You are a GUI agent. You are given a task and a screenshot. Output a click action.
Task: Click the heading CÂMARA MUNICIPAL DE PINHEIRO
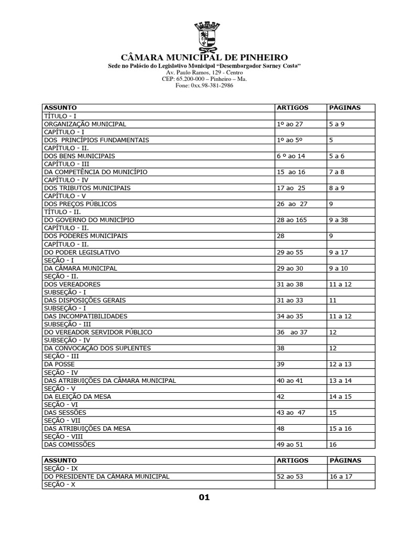click(x=204, y=57)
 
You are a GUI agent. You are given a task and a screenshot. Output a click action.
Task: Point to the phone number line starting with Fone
click(x=204, y=85)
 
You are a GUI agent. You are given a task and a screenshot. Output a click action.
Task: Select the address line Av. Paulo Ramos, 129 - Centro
click(x=204, y=72)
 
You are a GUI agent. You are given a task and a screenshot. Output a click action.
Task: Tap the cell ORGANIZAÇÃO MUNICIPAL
click(x=85, y=124)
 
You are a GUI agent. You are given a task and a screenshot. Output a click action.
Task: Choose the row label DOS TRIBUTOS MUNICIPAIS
click(x=88, y=188)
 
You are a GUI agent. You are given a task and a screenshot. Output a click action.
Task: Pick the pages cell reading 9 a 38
click(x=338, y=220)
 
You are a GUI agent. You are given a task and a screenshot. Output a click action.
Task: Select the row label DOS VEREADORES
click(x=72, y=284)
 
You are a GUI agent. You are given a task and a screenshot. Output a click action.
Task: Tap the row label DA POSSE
click(x=59, y=364)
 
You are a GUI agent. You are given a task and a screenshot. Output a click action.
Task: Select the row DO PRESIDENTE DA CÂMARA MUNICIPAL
click(x=107, y=477)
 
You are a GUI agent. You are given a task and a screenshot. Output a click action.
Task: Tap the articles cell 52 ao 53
click(x=290, y=477)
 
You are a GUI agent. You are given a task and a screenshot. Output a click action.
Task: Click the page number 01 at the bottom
click(x=204, y=498)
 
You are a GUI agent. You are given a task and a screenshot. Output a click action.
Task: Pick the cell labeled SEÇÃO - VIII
click(x=64, y=436)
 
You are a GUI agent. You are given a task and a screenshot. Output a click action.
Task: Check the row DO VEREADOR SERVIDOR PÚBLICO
click(x=98, y=332)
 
